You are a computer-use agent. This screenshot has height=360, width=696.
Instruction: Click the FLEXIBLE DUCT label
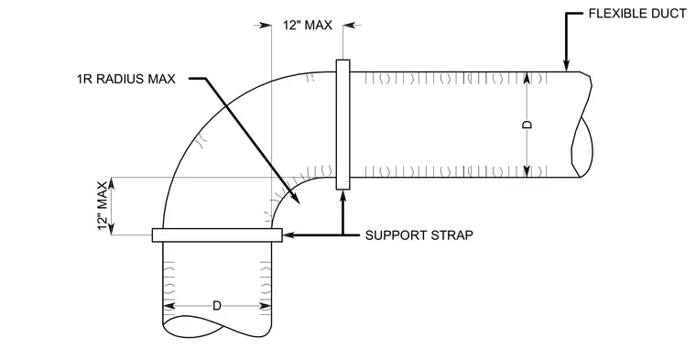tap(637, 14)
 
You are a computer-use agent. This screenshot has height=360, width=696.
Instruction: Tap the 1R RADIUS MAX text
tap(126, 79)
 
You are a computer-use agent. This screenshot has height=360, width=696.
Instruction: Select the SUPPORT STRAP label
tap(419, 235)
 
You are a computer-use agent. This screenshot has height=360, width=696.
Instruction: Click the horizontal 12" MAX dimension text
tap(308, 26)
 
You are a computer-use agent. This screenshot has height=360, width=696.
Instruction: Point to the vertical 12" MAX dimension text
tap(102, 206)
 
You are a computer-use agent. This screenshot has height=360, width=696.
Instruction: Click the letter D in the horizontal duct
tap(527, 125)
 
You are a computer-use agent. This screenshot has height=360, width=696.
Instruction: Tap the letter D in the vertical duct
tap(217, 306)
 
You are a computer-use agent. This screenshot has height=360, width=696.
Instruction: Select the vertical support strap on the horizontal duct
tap(343, 125)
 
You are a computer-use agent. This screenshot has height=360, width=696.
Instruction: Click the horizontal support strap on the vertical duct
tap(217, 235)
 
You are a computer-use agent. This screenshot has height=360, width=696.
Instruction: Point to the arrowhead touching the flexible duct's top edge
tap(566, 66)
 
